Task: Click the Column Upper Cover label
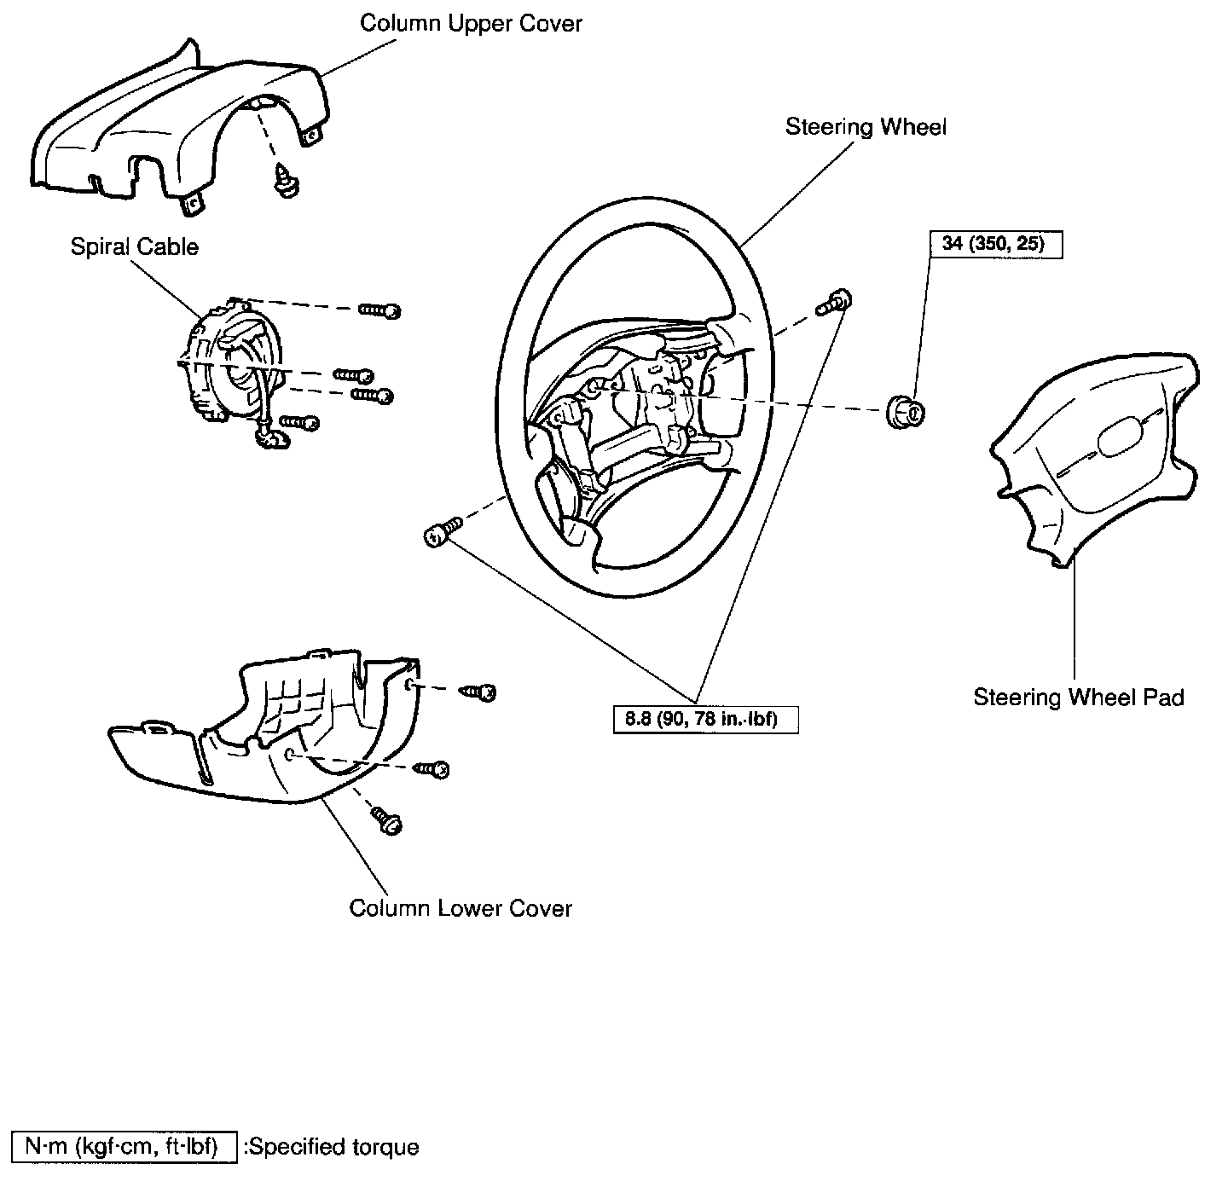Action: click(x=470, y=23)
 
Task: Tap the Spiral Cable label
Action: click(x=134, y=247)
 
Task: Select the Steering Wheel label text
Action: click(x=866, y=127)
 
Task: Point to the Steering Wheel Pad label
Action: click(x=1079, y=698)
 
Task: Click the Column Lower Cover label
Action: click(x=460, y=908)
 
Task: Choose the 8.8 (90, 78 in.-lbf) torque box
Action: click(x=706, y=720)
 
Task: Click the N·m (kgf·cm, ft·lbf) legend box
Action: click(x=123, y=1146)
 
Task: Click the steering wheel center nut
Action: click(x=907, y=412)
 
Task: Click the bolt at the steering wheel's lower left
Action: click(x=440, y=532)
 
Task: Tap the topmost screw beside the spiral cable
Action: click(x=380, y=310)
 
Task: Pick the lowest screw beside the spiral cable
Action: click(x=300, y=422)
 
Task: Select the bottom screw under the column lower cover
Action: click(x=386, y=820)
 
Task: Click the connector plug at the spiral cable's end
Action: click(x=272, y=437)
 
